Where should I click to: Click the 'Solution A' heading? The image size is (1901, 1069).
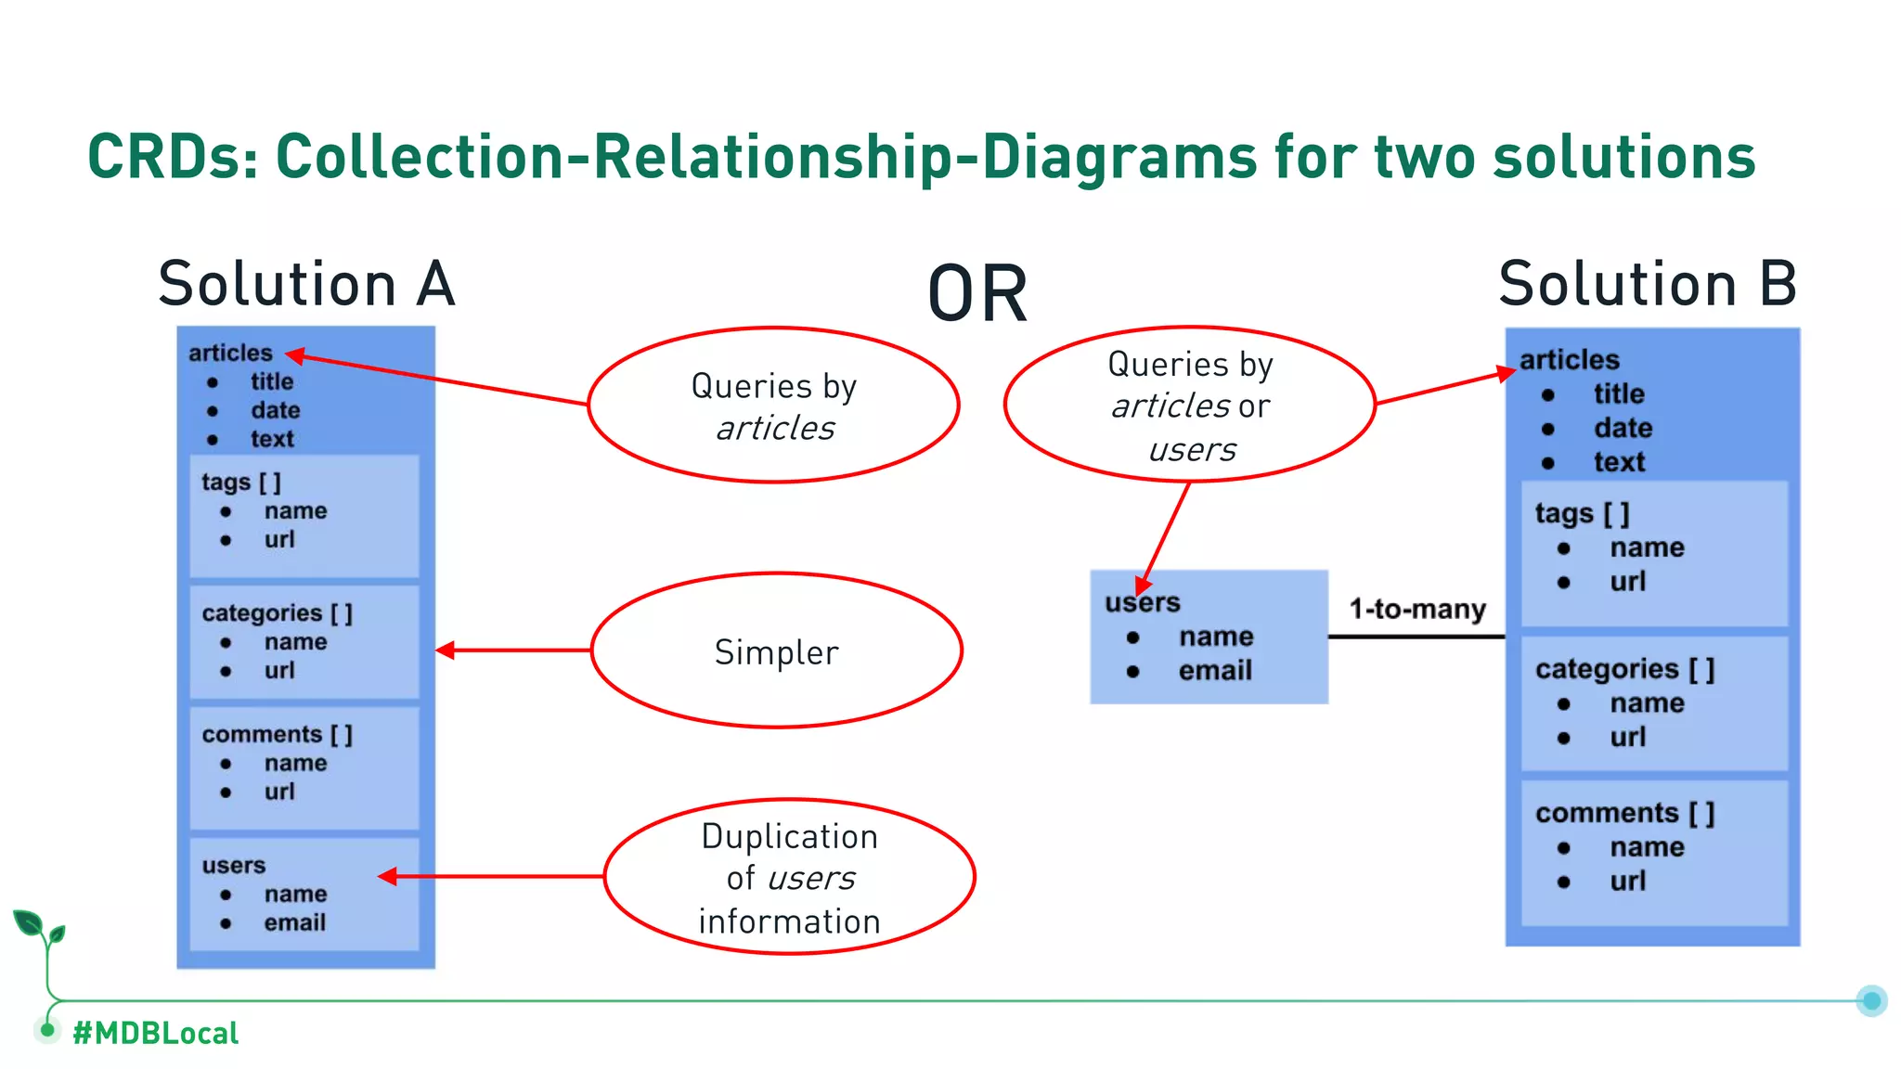pos(306,284)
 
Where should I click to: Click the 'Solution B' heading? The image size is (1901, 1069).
pos(1648,284)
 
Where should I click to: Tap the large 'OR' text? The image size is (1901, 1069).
pos(977,294)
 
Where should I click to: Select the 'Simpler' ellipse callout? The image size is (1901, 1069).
pos(776,651)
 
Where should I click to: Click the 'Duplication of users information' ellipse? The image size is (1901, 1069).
pos(789,877)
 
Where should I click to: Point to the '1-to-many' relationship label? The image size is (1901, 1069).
pos(1417,610)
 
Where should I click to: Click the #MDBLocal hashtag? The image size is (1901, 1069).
pos(155,1033)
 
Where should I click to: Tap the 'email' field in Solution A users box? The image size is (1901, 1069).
pos(294,922)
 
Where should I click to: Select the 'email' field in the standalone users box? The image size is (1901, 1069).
pos(1215,670)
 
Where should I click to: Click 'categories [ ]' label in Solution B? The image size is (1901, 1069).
pos(1624,669)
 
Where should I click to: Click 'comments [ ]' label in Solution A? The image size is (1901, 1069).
pos(277,734)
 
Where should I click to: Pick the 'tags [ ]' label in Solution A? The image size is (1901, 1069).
pos(240,482)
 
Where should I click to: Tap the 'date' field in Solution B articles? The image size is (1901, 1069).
pos(1623,428)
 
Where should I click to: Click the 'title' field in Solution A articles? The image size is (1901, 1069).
pos(271,381)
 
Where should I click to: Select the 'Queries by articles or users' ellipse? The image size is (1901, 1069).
pos(1190,405)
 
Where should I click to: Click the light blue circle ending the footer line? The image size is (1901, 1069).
pos(1871,1000)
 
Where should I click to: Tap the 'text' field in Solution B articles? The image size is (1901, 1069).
pos(1619,462)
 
